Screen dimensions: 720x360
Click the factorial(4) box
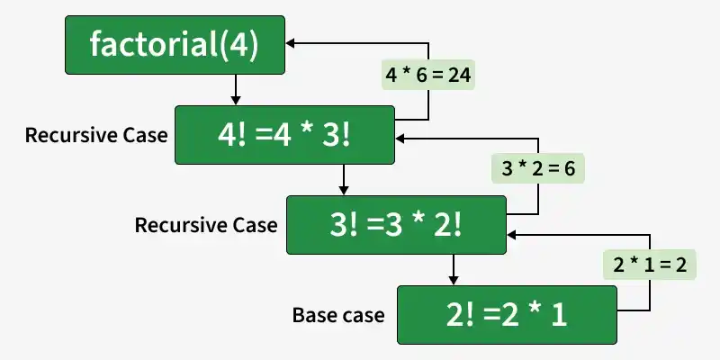(175, 45)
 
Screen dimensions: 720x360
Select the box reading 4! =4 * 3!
(284, 135)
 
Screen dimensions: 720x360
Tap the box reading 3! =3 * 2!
(396, 225)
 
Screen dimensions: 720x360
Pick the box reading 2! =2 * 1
(507, 315)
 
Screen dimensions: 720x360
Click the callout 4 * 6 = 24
(428, 75)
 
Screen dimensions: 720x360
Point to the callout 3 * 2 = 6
(538, 168)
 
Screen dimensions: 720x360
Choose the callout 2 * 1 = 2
(650, 265)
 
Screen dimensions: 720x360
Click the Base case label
(338, 315)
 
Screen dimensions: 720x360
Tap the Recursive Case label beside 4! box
(96, 135)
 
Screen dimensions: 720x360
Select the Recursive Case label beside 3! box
(206, 225)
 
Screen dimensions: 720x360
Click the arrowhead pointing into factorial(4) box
(291, 43)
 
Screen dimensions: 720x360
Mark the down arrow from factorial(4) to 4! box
(236, 90)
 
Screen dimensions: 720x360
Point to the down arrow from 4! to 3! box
(344, 180)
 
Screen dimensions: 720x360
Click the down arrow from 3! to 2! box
(454, 270)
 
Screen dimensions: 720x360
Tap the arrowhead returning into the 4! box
(400, 139)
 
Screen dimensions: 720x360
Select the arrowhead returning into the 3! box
(512, 235)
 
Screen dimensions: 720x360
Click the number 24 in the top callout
(460, 75)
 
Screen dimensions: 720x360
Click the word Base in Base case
(312, 315)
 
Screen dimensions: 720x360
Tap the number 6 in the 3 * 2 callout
(570, 168)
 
